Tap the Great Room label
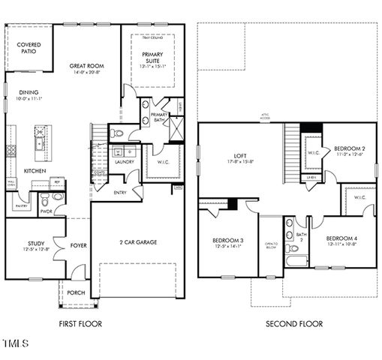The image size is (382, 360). pos(86,66)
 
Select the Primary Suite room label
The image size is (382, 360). pos(153,54)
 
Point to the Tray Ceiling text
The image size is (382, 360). pos(152,37)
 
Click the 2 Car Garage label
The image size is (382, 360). pos(137,242)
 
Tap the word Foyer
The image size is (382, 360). pos(78,245)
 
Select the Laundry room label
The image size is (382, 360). pos(124,161)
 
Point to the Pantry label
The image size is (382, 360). pos(21,204)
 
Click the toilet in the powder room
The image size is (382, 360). pos(45,199)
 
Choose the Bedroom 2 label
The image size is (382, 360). pos(349,148)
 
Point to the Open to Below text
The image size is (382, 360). pos(271,245)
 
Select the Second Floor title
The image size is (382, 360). pos(294,324)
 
